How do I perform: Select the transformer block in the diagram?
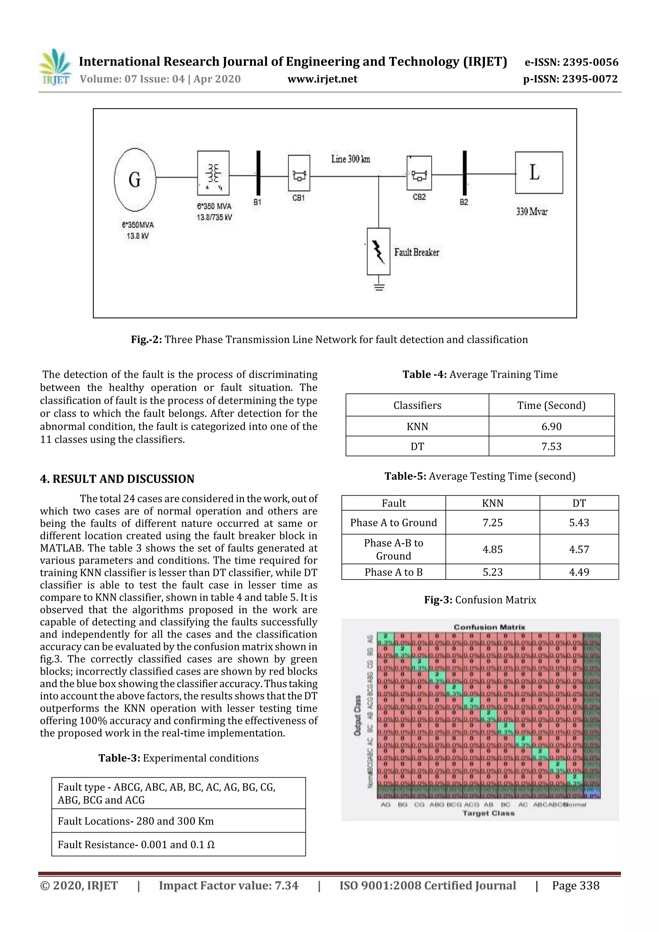pyautogui.click(x=213, y=173)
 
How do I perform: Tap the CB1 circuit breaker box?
pyautogui.click(x=299, y=173)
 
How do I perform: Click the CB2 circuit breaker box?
pyautogui.click(x=419, y=174)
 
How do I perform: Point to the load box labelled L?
pyautogui.click(x=539, y=172)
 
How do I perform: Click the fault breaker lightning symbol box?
pyautogui.click(x=378, y=252)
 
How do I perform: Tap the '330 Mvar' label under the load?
pyautogui.click(x=532, y=211)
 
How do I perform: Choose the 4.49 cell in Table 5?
pyautogui.click(x=579, y=572)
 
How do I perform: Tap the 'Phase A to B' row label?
pyautogui.click(x=394, y=572)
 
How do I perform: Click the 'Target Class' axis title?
pyautogui.click(x=488, y=813)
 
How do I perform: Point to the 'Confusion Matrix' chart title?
pyautogui.click(x=489, y=627)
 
